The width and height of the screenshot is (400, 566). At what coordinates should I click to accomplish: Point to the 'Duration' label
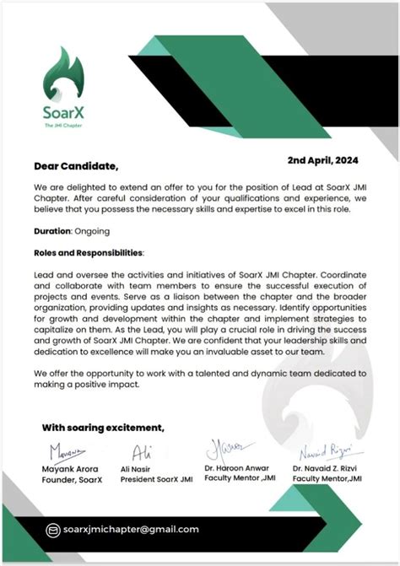[x=52, y=230]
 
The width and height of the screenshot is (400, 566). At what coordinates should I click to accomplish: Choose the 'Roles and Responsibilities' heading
[x=89, y=252]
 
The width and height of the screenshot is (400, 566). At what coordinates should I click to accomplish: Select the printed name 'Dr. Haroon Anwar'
[x=239, y=467]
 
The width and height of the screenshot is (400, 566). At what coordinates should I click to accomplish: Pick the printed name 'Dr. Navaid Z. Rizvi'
[x=326, y=467]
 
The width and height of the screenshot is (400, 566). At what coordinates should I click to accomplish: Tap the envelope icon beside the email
[x=53, y=530]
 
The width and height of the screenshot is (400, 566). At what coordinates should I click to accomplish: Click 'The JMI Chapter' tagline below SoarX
[x=65, y=125]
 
